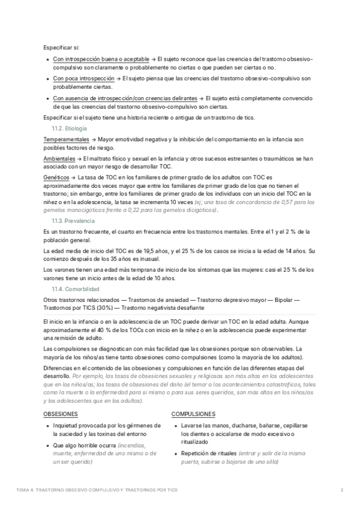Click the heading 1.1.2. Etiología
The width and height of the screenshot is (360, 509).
tap(70, 129)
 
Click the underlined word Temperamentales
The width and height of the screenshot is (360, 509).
tap(67, 139)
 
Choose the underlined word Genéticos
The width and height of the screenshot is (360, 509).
tap(56, 178)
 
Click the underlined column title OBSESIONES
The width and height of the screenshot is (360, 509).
tap(61, 415)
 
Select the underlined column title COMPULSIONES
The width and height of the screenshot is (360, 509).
tap(193, 415)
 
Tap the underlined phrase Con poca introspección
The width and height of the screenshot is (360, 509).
tap(83, 79)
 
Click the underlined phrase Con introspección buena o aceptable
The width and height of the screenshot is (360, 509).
tap(101, 59)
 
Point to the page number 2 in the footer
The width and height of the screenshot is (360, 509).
tap(341, 490)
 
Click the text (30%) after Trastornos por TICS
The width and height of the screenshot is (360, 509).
tap(97, 308)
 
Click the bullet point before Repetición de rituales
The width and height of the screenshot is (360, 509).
tap(175, 454)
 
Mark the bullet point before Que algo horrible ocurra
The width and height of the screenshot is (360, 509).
tap(47, 445)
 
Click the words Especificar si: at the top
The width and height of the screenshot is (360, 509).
tap(61, 47)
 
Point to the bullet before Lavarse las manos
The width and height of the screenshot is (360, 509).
tap(175, 425)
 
